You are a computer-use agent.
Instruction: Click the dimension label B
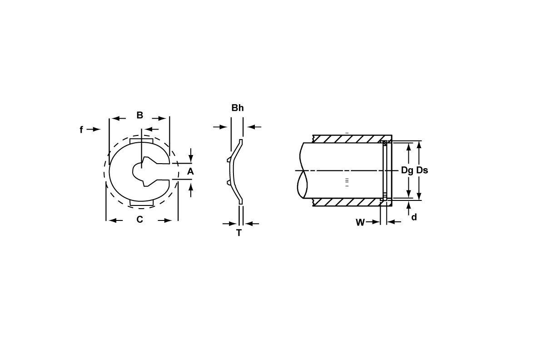pyautogui.click(x=140, y=115)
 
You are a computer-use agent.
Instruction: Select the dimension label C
pyautogui.click(x=140, y=220)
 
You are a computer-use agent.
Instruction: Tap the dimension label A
pyautogui.click(x=191, y=171)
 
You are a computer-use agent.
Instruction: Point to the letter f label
pyautogui.click(x=81, y=130)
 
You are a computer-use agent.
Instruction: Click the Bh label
pyautogui.click(x=238, y=108)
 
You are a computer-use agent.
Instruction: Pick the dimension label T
pyautogui.click(x=239, y=233)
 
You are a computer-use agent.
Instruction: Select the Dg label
pyautogui.click(x=407, y=170)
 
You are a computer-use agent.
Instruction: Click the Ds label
pyautogui.click(x=422, y=170)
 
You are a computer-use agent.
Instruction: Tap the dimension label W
pyautogui.click(x=360, y=223)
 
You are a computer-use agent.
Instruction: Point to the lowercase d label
pyautogui.click(x=414, y=217)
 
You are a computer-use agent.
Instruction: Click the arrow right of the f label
pyautogui.click(x=94, y=130)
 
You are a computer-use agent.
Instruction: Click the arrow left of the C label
pyautogui.click(x=116, y=220)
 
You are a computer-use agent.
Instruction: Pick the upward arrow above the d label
pyautogui.click(x=409, y=207)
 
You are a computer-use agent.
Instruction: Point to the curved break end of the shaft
pyautogui.click(x=302, y=170)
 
